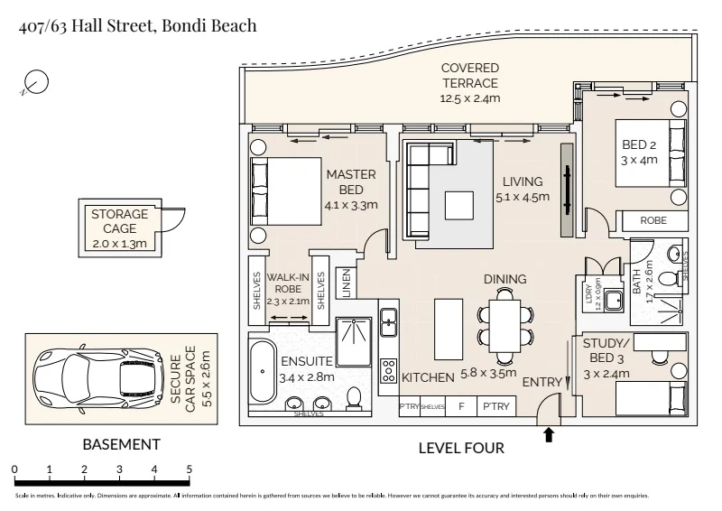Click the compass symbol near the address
35,82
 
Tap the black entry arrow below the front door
549,435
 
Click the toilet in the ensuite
355,398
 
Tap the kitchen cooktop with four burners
390,370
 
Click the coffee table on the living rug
459,205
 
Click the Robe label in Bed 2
653,220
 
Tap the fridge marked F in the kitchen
461,406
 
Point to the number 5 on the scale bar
189,469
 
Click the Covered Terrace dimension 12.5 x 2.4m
469,98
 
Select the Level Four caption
461,448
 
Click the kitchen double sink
389,318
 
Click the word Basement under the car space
121,444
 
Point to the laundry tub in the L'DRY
614,302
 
